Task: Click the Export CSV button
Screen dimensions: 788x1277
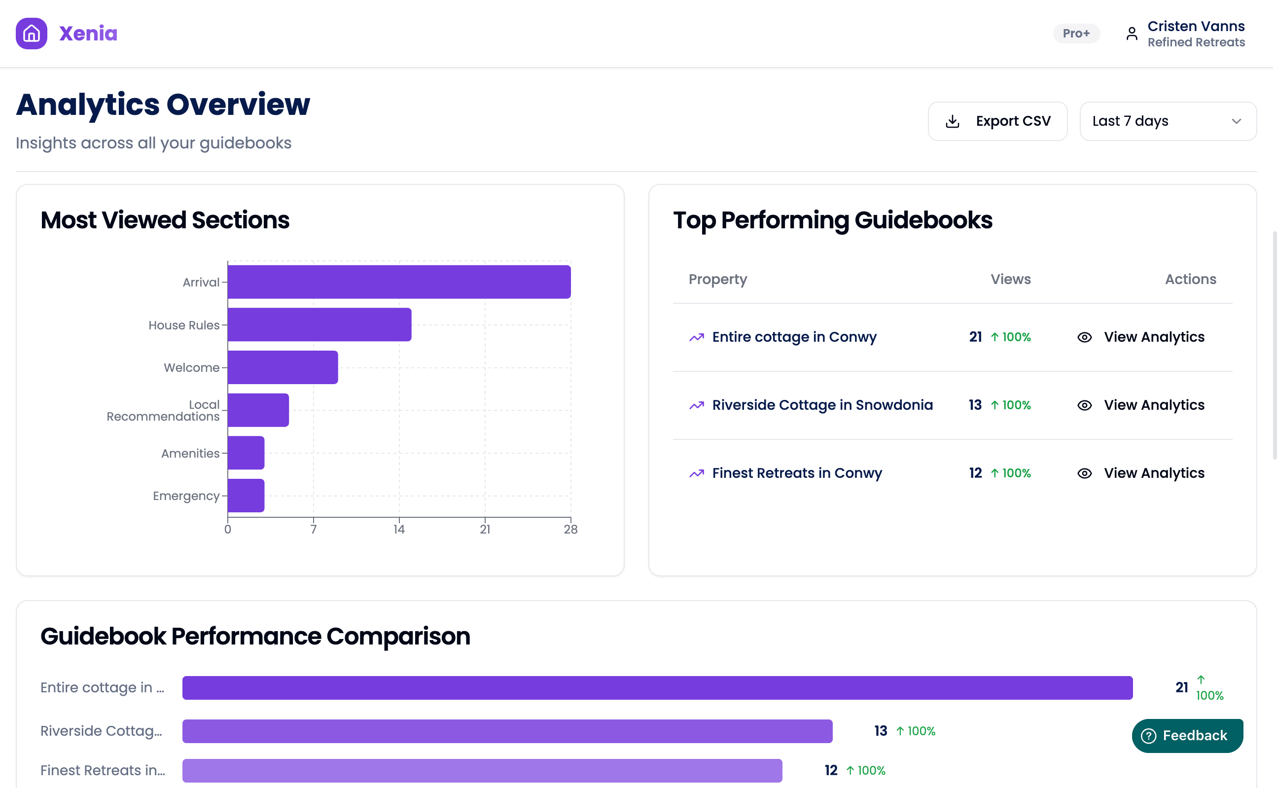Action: click(x=997, y=121)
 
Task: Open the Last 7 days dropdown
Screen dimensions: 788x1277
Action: click(x=1168, y=121)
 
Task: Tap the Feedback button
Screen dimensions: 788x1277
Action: click(x=1187, y=735)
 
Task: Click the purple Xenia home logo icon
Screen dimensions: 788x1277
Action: click(x=31, y=34)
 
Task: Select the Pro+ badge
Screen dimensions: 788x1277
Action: click(x=1076, y=34)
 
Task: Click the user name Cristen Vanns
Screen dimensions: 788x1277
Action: click(x=1196, y=26)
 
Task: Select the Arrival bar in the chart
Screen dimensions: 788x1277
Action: click(x=398, y=282)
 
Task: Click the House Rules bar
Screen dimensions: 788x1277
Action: click(x=319, y=324)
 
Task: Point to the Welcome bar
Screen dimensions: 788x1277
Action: click(x=283, y=367)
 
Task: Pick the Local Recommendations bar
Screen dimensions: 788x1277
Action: click(x=258, y=410)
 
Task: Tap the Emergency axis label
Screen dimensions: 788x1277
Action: click(x=185, y=496)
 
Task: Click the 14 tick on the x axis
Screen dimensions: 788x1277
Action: click(x=399, y=530)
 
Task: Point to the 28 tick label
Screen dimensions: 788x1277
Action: click(x=570, y=530)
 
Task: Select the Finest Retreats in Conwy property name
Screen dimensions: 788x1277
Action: click(x=797, y=473)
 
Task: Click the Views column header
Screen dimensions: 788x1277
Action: click(x=1010, y=279)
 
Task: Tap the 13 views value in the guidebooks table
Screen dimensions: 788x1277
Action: click(x=975, y=405)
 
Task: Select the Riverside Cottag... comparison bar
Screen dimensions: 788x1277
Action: click(x=507, y=731)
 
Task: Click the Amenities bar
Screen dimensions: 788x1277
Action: click(x=246, y=453)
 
